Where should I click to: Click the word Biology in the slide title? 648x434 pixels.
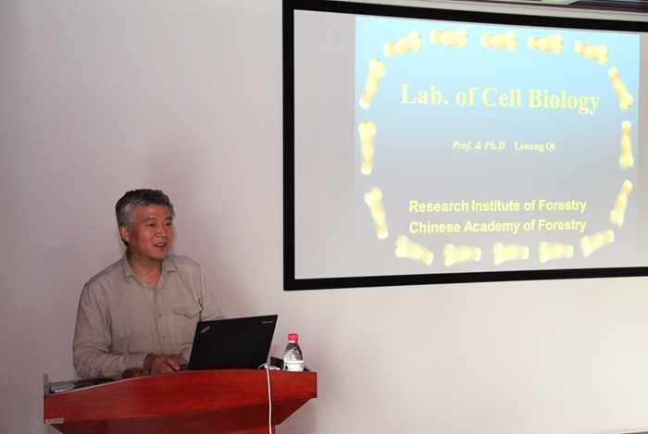[564, 99]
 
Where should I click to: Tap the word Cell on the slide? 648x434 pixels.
[502, 96]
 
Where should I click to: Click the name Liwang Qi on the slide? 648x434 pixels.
[534, 146]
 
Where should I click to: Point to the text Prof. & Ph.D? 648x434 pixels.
[479, 145]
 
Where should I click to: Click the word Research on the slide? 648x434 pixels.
[439, 205]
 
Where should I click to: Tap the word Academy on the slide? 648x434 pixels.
[492, 227]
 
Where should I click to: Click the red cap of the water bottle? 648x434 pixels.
[293, 338]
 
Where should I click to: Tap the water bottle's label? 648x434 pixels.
[293, 365]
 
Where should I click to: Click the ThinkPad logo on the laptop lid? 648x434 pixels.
[205, 329]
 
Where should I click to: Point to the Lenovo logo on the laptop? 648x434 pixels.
[267, 321]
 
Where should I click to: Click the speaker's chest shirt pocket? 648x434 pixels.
[187, 316]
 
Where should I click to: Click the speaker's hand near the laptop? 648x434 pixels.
[164, 364]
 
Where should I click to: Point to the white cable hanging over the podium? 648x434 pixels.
[269, 399]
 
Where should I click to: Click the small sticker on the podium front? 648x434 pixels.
[55, 421]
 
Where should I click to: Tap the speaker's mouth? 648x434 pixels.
[160, 246]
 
